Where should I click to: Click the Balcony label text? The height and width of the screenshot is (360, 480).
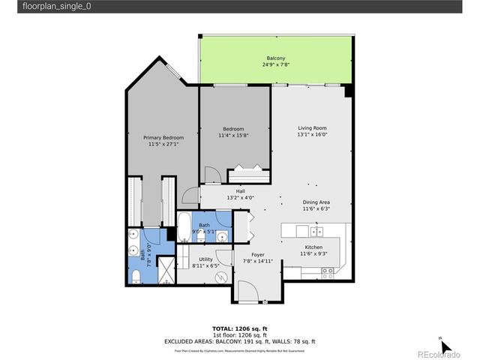[x=275, y=58]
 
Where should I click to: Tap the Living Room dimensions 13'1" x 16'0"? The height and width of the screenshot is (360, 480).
[x=312, y=136]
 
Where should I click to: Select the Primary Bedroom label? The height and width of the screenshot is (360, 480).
[x=163, y=137]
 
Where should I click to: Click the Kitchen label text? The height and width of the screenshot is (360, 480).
[x=314, y=247]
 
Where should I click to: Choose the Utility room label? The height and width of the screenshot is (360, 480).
[x=205, y=259]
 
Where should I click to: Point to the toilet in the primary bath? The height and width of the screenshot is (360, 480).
[x=135, y=276]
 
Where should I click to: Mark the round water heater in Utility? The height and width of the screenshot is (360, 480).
[x=221, y=277]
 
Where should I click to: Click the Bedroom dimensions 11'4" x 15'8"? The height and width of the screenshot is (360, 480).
[x=233, y=136]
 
